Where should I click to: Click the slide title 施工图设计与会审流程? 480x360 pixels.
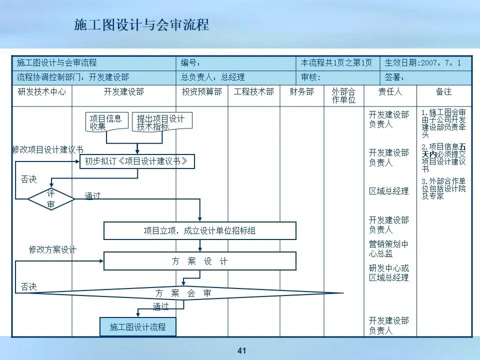[x=141, y=25]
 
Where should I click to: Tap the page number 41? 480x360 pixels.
[x=242, y=350]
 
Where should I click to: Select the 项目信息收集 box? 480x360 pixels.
[x=106, y=122]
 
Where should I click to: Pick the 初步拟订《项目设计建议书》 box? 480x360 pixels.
[x=136, y=161]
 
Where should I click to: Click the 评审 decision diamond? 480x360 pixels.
[x=51, y=199]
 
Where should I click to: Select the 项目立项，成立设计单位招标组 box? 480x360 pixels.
[x=199, y=230]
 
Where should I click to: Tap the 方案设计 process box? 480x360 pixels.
[x=199, y=261]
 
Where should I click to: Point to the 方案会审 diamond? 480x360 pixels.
[x=183, y=293]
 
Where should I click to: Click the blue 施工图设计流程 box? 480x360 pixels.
[x=137, y=327]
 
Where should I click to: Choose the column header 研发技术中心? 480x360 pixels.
[x=41, y=92]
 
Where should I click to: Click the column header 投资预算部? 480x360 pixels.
[x=201, y=92]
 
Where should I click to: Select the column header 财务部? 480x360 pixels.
[x=301, y=92]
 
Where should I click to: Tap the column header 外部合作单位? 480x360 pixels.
[x=343, y=95]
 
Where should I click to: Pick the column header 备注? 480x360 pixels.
[x=443, y=92]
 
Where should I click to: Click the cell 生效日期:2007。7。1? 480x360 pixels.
[x=427, y=63]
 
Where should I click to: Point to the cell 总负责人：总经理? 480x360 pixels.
[x=213, y=77]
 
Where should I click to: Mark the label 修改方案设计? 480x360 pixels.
[x=52, y=249]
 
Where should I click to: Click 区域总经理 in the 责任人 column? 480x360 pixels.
[x=388, y=191]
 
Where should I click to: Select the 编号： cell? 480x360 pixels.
[x=191, y=63]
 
